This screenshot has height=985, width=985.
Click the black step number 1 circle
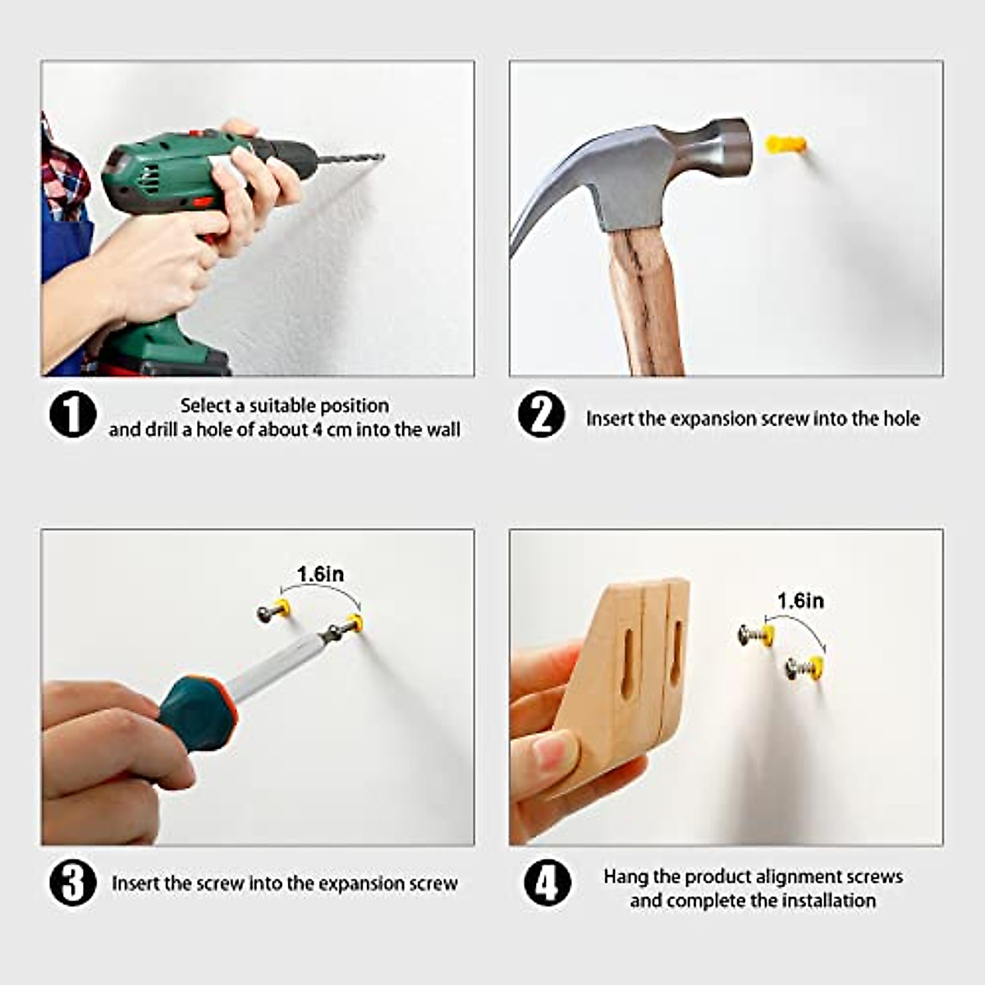pyautogui.click(x=72, y=415)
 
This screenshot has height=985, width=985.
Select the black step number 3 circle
pyautogui.click(x=72, y=882)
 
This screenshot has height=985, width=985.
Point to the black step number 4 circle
pyautogui.click(x=547, y=882)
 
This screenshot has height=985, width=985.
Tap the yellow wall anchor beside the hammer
pyautogui.click(x=786, y=144)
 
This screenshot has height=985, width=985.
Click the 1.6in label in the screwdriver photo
pyautogui.click(x=320, y=574)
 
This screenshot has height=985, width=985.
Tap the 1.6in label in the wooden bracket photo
pyautogui.click(x=800, y=601)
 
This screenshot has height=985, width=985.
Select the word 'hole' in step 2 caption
pyautogui.click(x=900, y=419)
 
